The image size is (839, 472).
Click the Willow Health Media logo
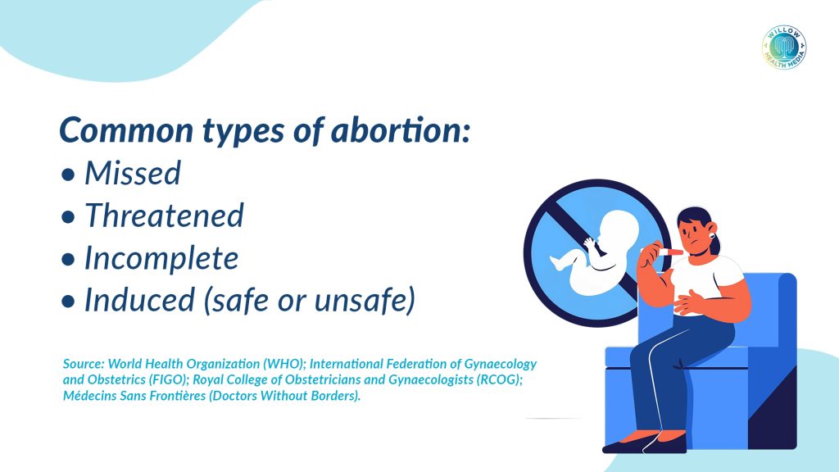pos(784,47)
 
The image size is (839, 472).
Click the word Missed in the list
pos(133,174)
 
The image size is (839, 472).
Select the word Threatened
pos(164,216)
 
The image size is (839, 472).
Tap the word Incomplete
pos(161,259)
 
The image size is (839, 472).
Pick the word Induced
pos(139,299)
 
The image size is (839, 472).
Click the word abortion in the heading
pos(400,130)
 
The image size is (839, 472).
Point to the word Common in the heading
pos(126,130)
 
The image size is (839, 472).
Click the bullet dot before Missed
pos(68,175)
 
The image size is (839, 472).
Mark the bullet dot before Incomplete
pos(68,260)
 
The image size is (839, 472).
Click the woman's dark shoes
pos(646,443)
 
